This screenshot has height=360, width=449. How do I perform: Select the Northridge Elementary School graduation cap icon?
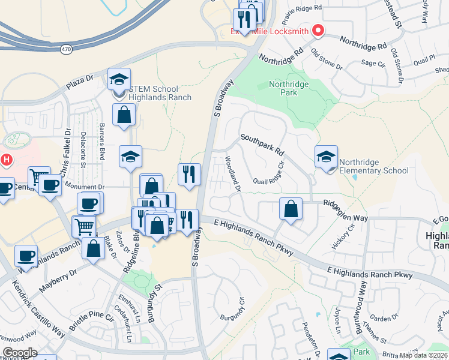326,157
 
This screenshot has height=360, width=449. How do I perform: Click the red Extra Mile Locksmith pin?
318,29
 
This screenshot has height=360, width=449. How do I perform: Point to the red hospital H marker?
7,160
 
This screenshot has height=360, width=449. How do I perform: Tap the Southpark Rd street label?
262,145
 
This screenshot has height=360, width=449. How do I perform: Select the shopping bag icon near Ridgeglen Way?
291,210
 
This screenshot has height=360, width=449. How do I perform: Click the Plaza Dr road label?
80,82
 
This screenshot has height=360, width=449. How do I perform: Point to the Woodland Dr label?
233,174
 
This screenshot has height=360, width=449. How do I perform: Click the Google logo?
19,352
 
